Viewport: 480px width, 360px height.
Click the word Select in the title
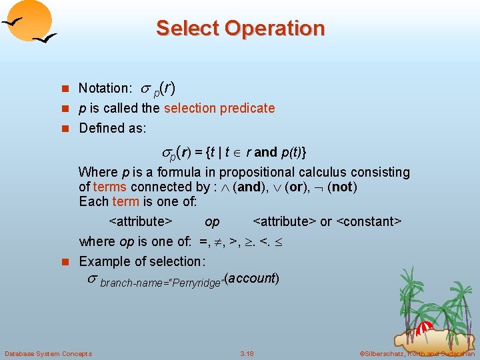(x=187, y=29)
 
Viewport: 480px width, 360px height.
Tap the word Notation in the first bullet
(x=103, y=88)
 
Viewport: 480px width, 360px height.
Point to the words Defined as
(x=112, y=128)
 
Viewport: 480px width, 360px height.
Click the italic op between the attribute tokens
(x=212, y=221)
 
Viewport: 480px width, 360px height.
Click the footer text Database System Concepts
(x=48, y=353)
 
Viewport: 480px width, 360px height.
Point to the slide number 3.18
(x=247, y=353)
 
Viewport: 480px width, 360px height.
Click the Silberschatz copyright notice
(x=417, y=353)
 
